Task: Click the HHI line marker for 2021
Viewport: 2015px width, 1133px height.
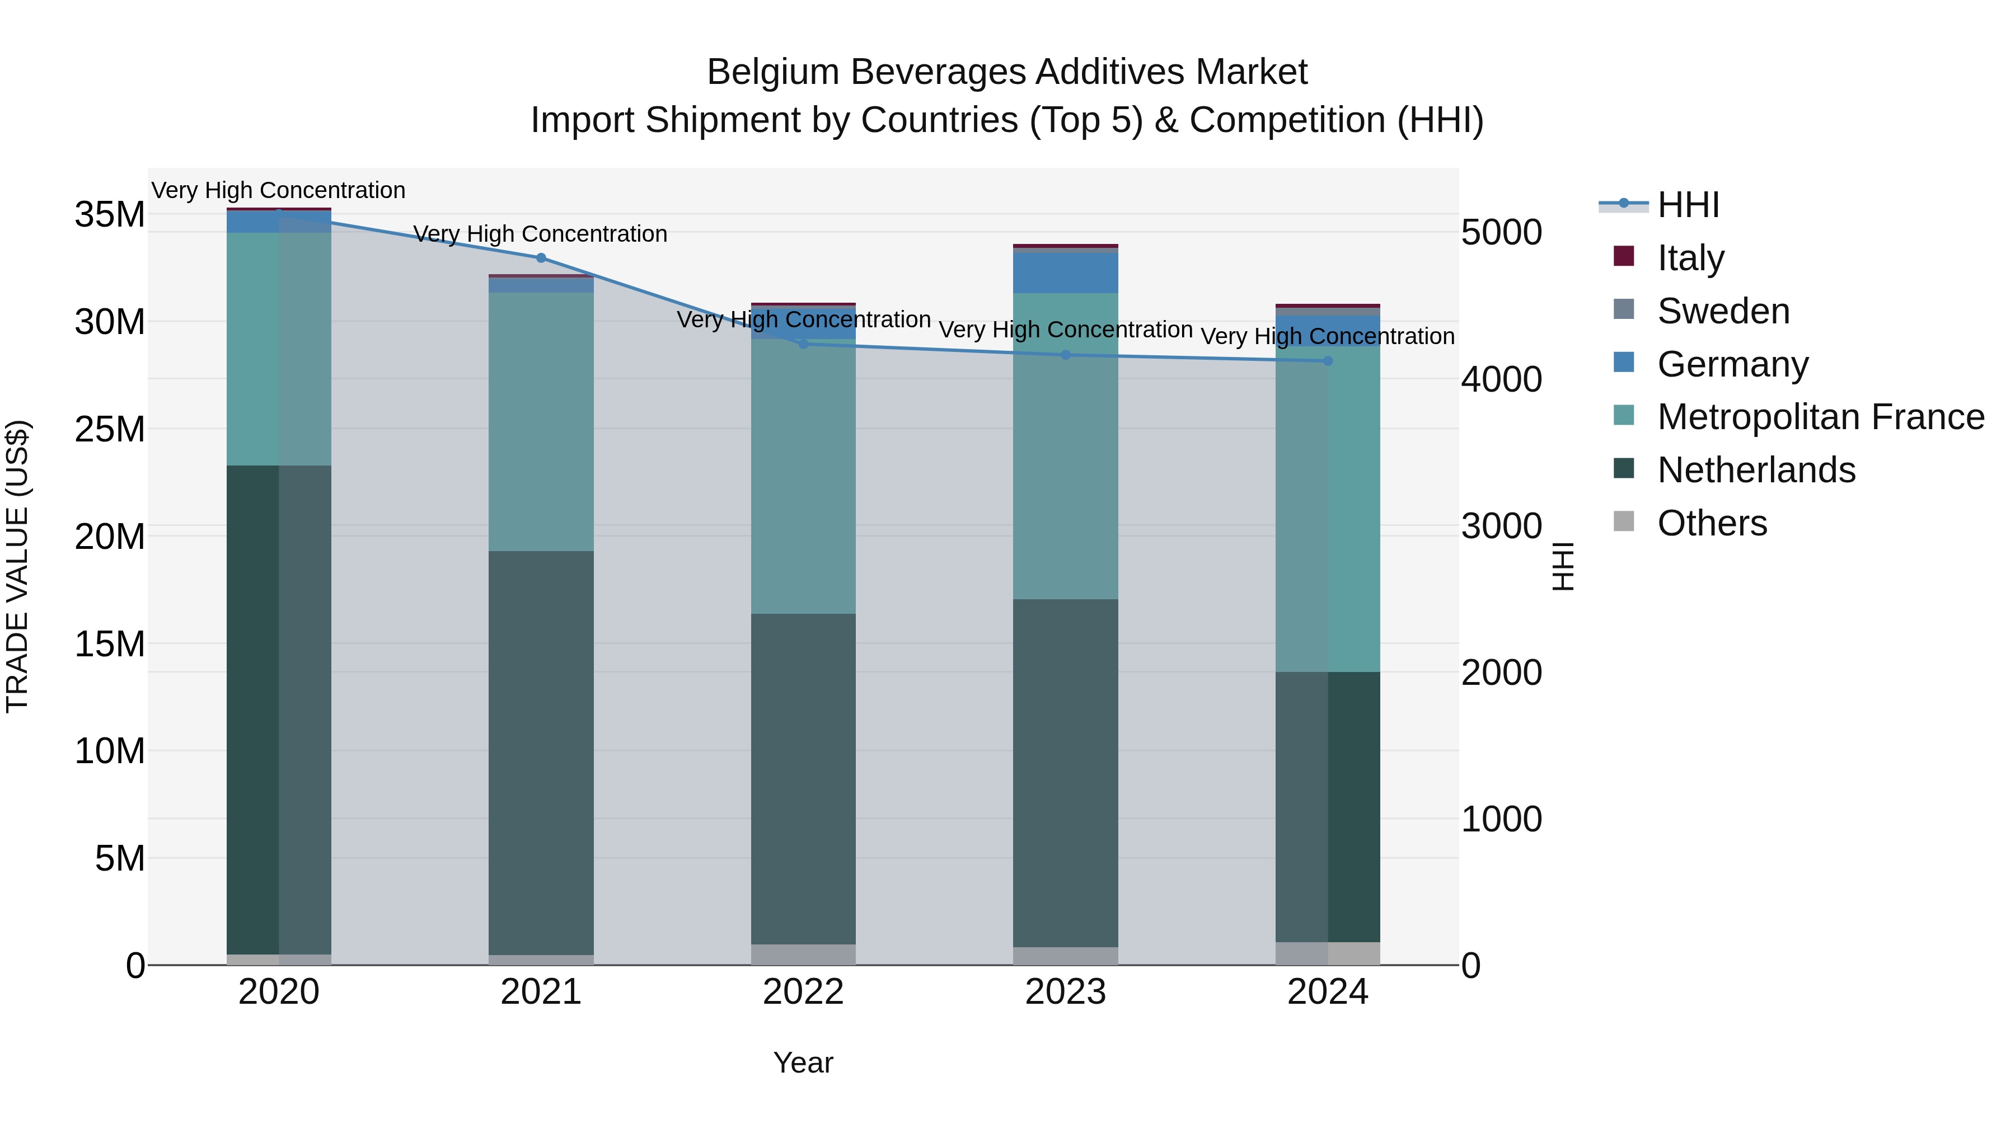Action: pos(541,258)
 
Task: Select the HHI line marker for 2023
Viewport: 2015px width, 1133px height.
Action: pos(1065,355)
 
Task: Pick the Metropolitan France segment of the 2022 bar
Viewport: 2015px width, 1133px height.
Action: pos(803,476)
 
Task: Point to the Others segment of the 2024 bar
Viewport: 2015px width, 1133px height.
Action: pos(1328,953)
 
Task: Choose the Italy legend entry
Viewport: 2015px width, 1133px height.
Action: pos(1690,258)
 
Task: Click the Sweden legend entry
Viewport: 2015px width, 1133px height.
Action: pos(1722,311)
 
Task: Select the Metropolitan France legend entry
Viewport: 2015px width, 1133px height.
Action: pos(1820,417)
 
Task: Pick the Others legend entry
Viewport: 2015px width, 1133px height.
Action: pos(1712,523)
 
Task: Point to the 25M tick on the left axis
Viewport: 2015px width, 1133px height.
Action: pos(110,429)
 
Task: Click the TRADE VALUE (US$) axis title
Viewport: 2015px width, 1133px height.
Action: pos(17,566)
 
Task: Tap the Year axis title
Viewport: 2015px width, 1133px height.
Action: pos(803,1063)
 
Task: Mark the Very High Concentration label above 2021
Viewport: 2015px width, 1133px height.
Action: pos(541,234)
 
